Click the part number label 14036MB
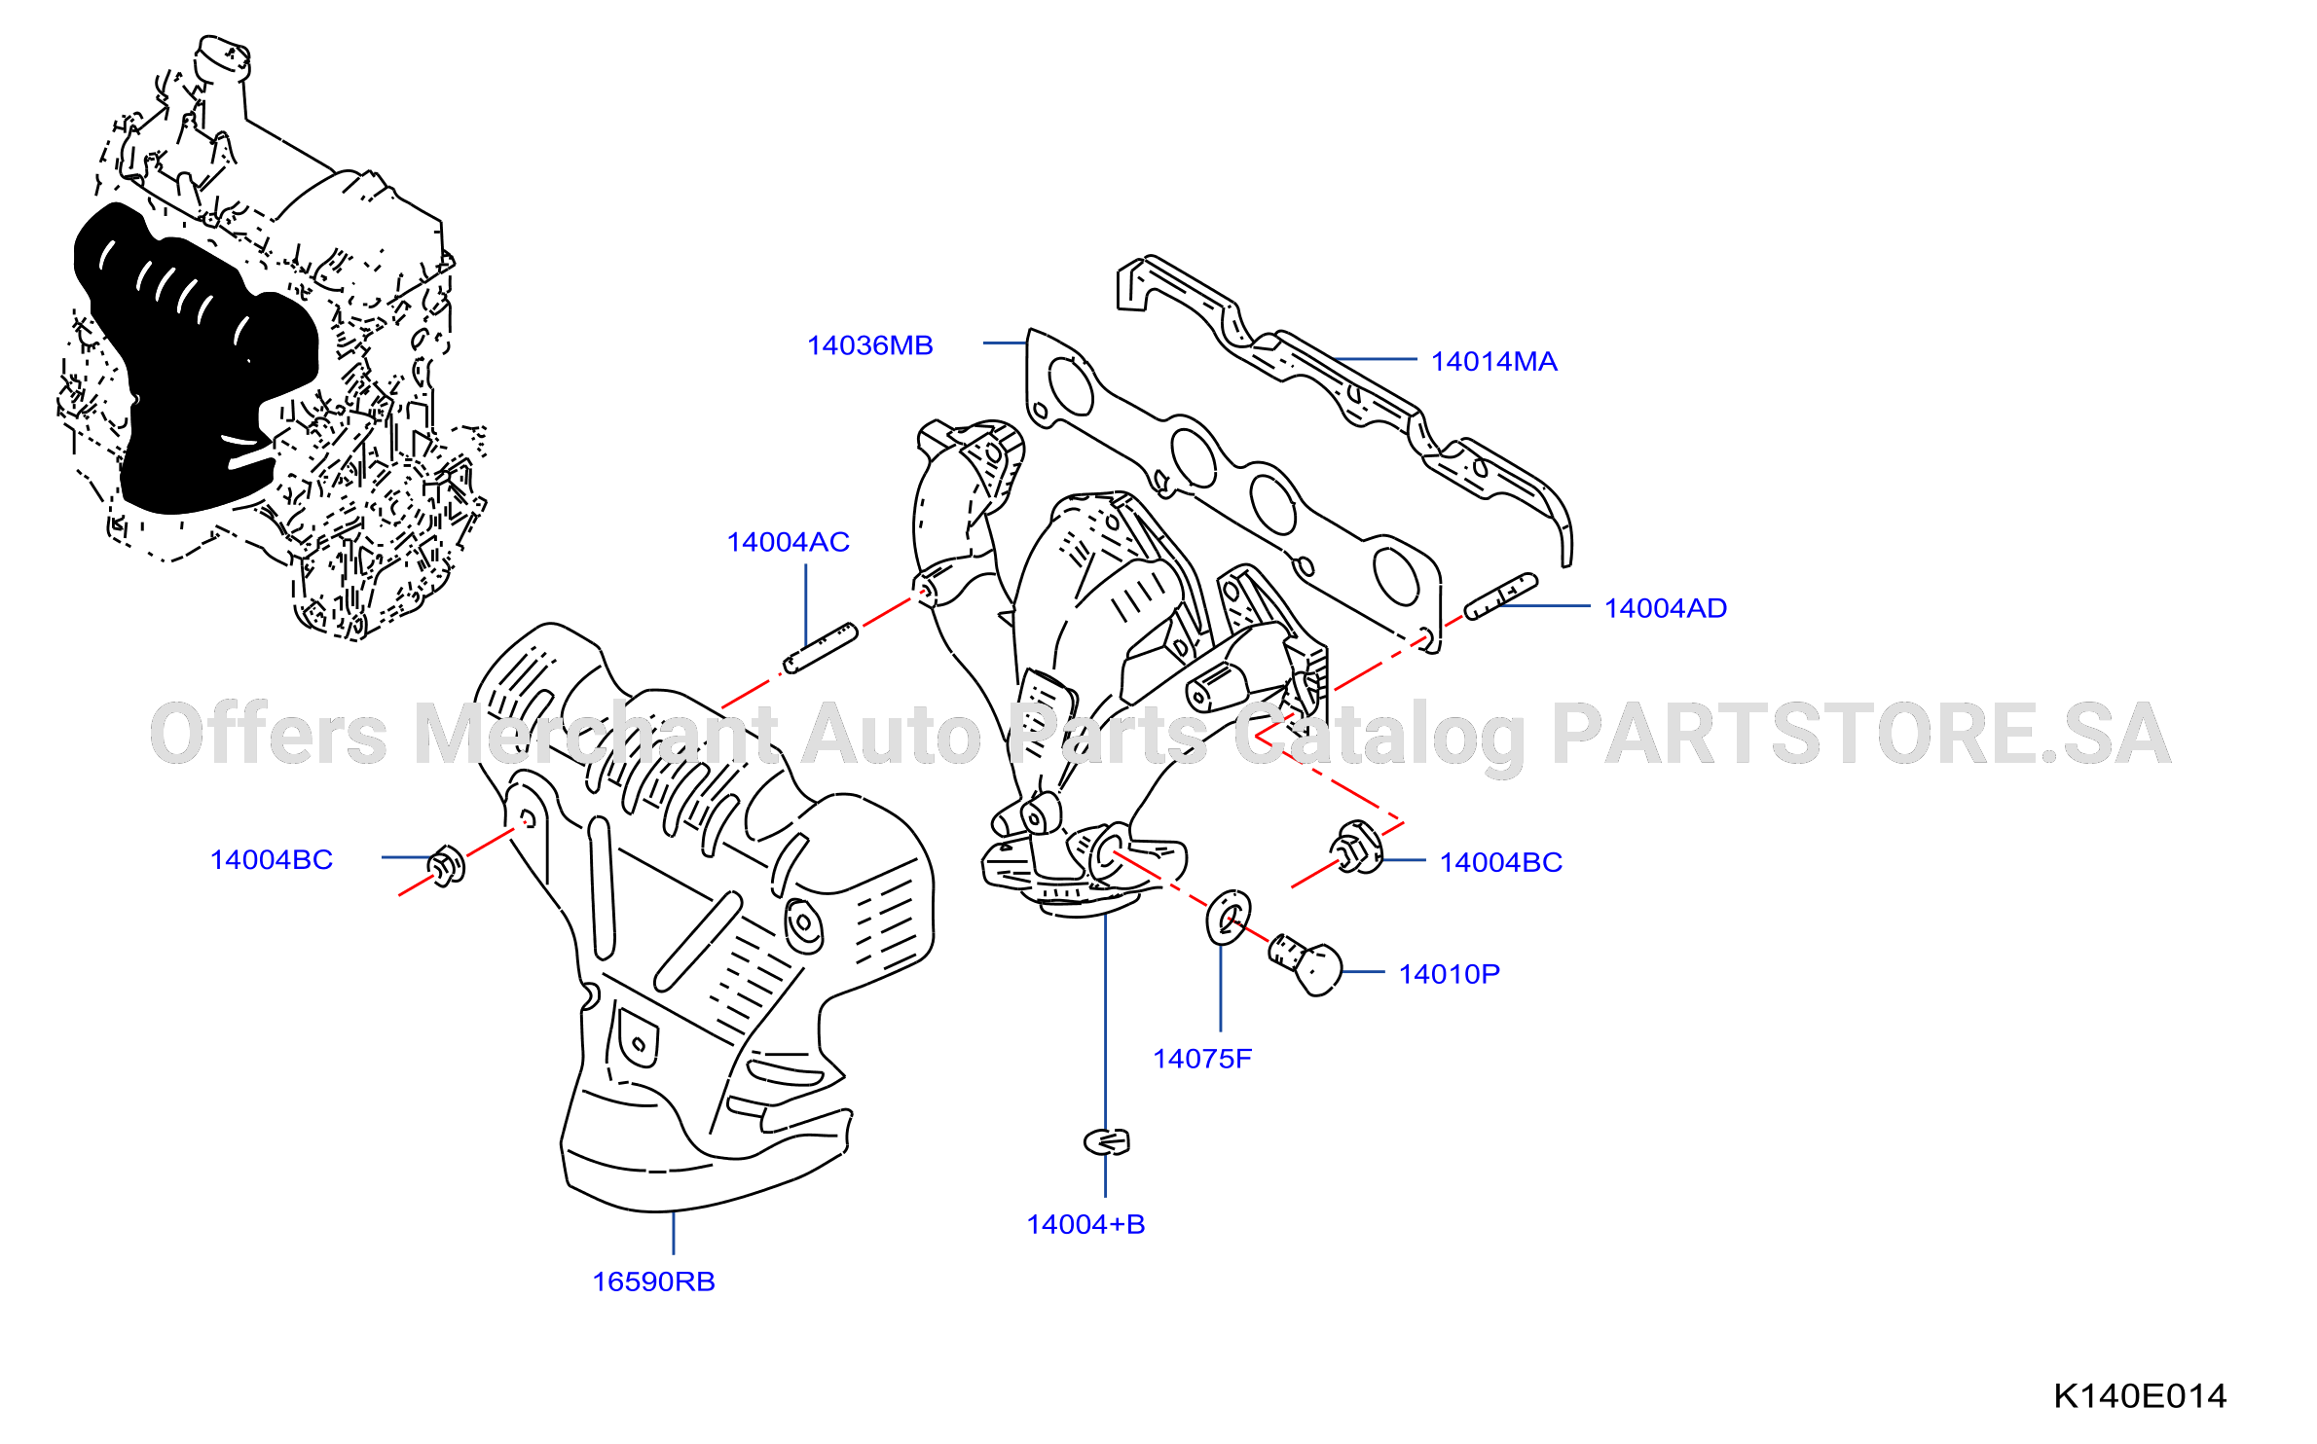(x=869, y=345)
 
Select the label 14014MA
(x=1493, y=362)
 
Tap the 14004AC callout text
(x=788, y=542)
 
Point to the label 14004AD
(x=1665, y=608)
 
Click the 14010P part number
(x=1449, y=974)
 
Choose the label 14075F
(x=1201, y=1059)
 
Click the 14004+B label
(x=1085, y=1224)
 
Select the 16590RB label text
(x=653, y=1282)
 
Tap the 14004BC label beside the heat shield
(x=272, y=860)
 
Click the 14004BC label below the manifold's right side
(x=1500, y=862)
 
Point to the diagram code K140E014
(x=2140, y=1396)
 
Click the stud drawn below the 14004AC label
(x=820, y=648)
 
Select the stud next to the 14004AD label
(x=1500, y=596)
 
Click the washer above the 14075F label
(x=1229, y=918)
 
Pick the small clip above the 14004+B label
(x=1107, y=1141)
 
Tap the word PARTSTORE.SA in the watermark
(x=1860, y=735)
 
